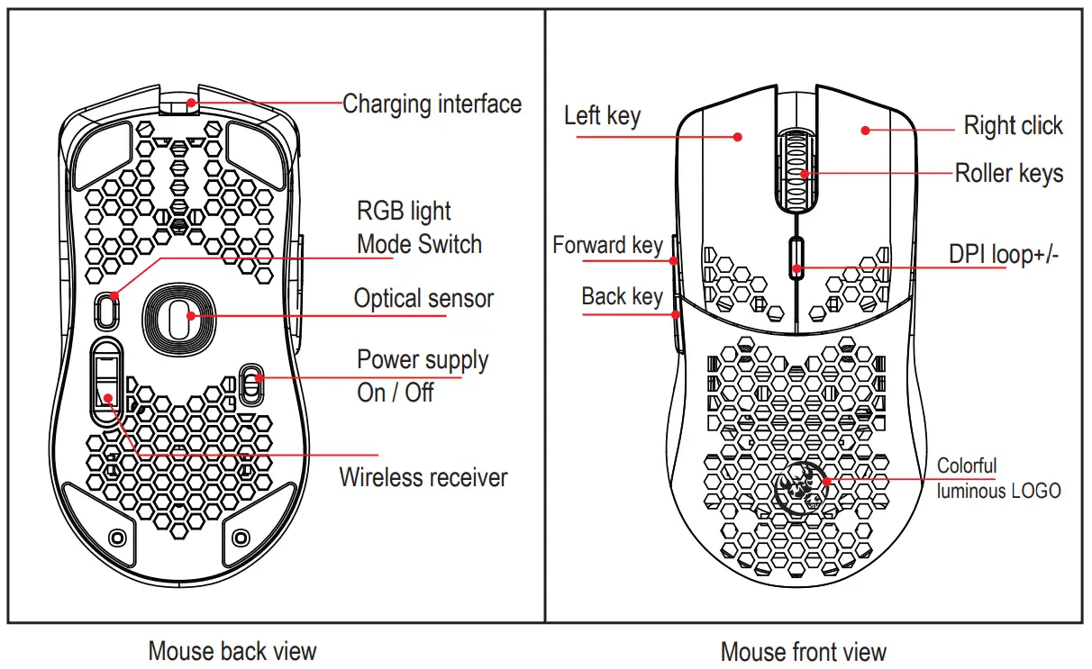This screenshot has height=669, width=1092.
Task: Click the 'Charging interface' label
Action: click(432, 104)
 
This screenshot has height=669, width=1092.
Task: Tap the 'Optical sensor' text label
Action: click(423, 298)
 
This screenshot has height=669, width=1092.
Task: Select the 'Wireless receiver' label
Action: click(423, 477)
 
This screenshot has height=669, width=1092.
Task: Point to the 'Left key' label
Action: click(602, 115)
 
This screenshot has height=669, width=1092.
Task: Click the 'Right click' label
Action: click(1013, 125)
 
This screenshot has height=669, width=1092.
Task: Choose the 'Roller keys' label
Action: click(1008, 173)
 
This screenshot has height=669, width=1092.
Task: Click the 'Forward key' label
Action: click(607, 245)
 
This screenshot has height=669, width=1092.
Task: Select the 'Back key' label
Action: click(622, 296)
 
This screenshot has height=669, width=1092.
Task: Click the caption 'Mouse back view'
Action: click(232, 650)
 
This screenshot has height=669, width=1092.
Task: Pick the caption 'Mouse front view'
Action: click(804, 651)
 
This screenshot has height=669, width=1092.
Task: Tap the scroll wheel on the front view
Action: click(796, 167)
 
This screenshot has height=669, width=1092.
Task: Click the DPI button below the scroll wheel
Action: click(796, 256)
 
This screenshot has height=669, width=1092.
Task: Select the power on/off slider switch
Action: click(251, 385)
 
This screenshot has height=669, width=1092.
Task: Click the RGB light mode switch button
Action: click(107, 310)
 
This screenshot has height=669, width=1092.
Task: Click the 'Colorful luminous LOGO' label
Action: click(998, 478)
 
